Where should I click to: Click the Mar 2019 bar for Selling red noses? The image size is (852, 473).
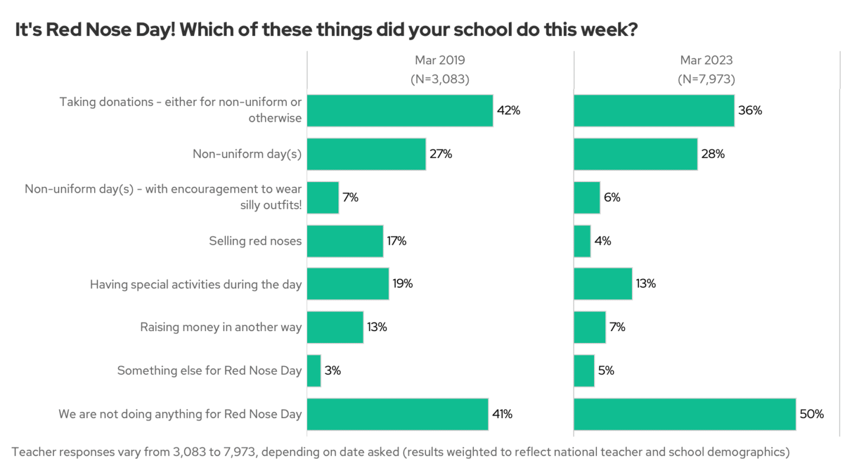click(345, 241)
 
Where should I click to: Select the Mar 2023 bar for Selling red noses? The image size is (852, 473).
click(582, 241)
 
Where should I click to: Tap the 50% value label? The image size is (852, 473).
click(811, 414)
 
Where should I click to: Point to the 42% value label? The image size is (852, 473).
click(508, 111)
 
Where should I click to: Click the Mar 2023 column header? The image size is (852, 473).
click(706, 60)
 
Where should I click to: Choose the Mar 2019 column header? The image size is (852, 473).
click(440, 60)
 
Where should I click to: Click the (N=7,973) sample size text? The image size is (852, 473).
click(706, 79)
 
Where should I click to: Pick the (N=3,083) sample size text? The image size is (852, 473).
click(440, 79)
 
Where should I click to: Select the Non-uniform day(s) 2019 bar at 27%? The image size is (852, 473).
click(366, 154)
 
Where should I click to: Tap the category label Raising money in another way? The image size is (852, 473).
click(221, 327)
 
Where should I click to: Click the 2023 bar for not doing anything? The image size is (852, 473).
click(685, 414)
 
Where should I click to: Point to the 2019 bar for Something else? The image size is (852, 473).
click(314, 371)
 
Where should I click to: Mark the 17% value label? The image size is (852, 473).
click(396, 241)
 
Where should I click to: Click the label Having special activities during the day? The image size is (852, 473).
click(196, 284)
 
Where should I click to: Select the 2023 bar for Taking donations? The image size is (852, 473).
click(654, 111)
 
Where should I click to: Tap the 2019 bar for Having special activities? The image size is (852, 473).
click(348, 284)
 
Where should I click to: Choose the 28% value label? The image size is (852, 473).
click(712, 154)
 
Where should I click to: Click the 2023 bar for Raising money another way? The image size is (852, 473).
click(589, 327)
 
